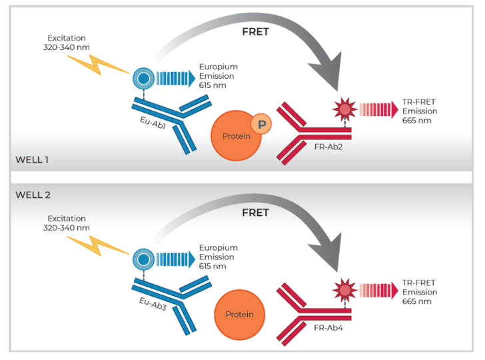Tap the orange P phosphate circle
[x=260, y=123]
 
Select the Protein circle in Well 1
[x=235, y=135]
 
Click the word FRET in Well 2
[x=255, y=213]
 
